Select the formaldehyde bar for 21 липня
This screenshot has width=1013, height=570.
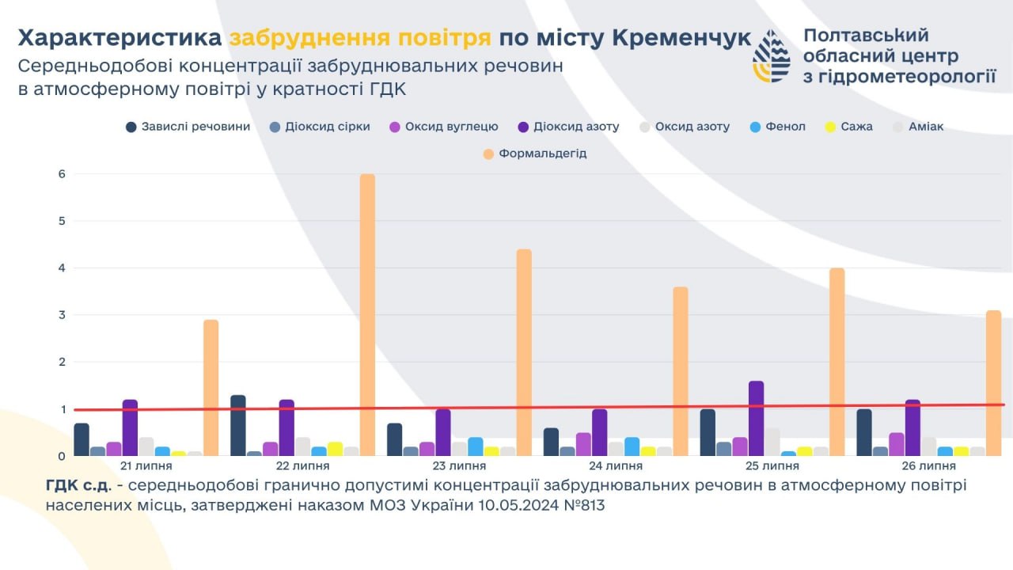tap(211, 388)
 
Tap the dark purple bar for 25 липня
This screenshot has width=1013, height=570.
tap(756, 419)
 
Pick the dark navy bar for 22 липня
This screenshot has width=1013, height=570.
tap(237, 425)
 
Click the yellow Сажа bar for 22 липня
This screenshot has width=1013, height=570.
tap(334, 449)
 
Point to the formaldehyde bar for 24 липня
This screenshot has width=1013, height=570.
tap(681, 371)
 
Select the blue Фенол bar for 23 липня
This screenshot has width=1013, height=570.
tap(475, 446)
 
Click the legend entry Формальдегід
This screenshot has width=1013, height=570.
tap(542, 153)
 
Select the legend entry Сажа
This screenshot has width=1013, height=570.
tap(856, 127)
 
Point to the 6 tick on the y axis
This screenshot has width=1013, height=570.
tap(61, 174)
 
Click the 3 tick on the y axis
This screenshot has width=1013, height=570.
tap(61, 315)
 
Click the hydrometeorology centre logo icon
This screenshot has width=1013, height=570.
tap(770, 57)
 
